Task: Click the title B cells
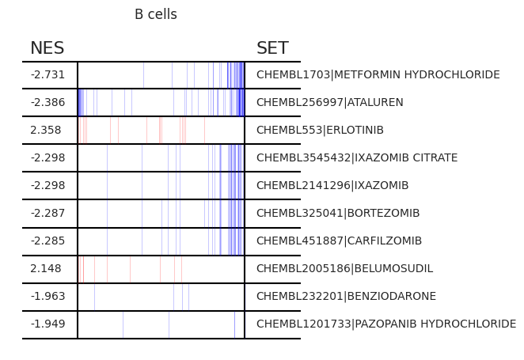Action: (x=156, y=14)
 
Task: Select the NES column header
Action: (x=47, y=47)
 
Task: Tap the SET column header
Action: (x=272, y=47)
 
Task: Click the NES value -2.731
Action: (x=47, y=74)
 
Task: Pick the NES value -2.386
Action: (x=47, y=102)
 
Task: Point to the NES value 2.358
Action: (x=46, y=130)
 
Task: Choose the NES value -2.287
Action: (x=47, y=213)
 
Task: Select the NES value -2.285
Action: (x=47, y=241)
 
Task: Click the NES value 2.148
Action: (x=46, y=268)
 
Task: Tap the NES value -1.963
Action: (x=47, y=296)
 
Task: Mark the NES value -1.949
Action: (x=47, y=324)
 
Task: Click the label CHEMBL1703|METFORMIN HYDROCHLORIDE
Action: (x=378, y=74)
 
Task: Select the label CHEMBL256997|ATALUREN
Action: (x=330, y=102)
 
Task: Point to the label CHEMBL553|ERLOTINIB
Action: (x=320, y=130)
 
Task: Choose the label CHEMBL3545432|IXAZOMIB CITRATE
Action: (x=357, y=157)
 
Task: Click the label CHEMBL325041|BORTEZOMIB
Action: (x=338, y=213)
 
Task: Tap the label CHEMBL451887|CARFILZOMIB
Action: (x=340, y=241)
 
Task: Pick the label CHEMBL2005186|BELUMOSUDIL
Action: (x=344, y=268)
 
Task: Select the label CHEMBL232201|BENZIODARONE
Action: (x=346, y=296)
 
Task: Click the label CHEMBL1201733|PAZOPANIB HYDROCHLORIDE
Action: (x=386, y=324)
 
